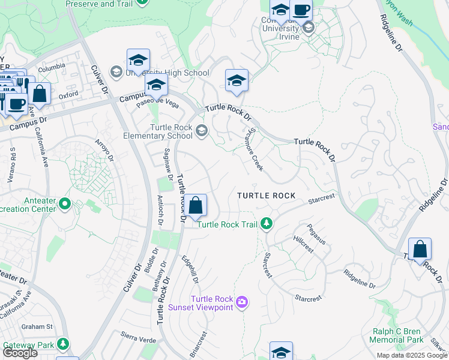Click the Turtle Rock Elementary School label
171,131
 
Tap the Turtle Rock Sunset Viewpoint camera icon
242,301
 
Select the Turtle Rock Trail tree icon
267,224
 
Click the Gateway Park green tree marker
62,345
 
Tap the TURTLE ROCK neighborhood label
266,196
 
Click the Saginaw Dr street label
162,160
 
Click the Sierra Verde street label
138,336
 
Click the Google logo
20,353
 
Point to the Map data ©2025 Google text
411,355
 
